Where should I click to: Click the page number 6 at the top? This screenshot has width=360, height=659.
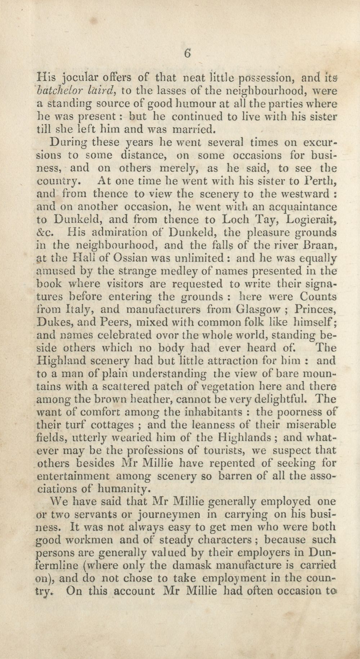pos(187,53)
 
